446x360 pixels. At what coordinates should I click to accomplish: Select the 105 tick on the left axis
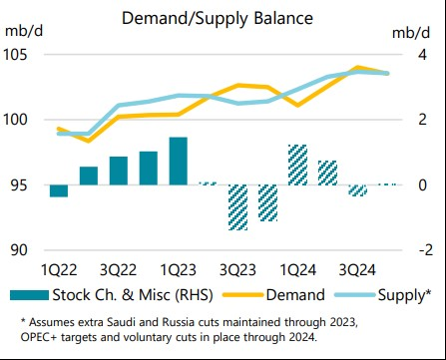(21, 54)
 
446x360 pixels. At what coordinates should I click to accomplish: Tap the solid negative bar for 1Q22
(59, 190)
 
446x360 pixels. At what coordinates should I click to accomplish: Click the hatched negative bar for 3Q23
(237, 207)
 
